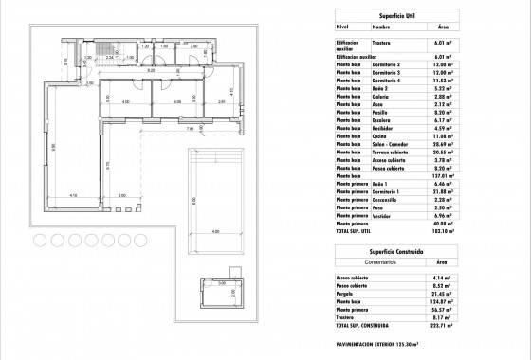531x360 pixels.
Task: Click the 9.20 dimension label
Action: pos(149,69)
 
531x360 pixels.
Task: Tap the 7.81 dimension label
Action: pos(189,129)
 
